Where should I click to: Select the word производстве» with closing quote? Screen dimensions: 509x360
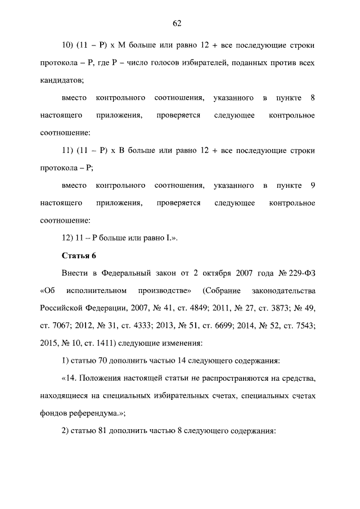click(164, 291)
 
